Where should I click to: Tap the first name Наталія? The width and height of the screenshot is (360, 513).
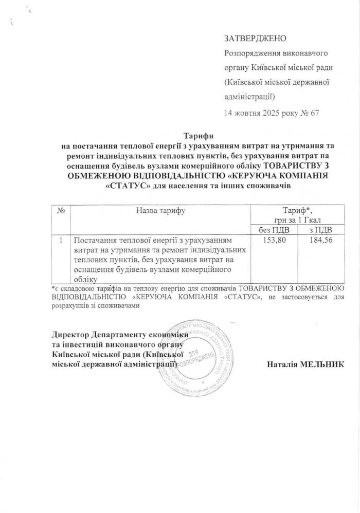pos(285,364)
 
